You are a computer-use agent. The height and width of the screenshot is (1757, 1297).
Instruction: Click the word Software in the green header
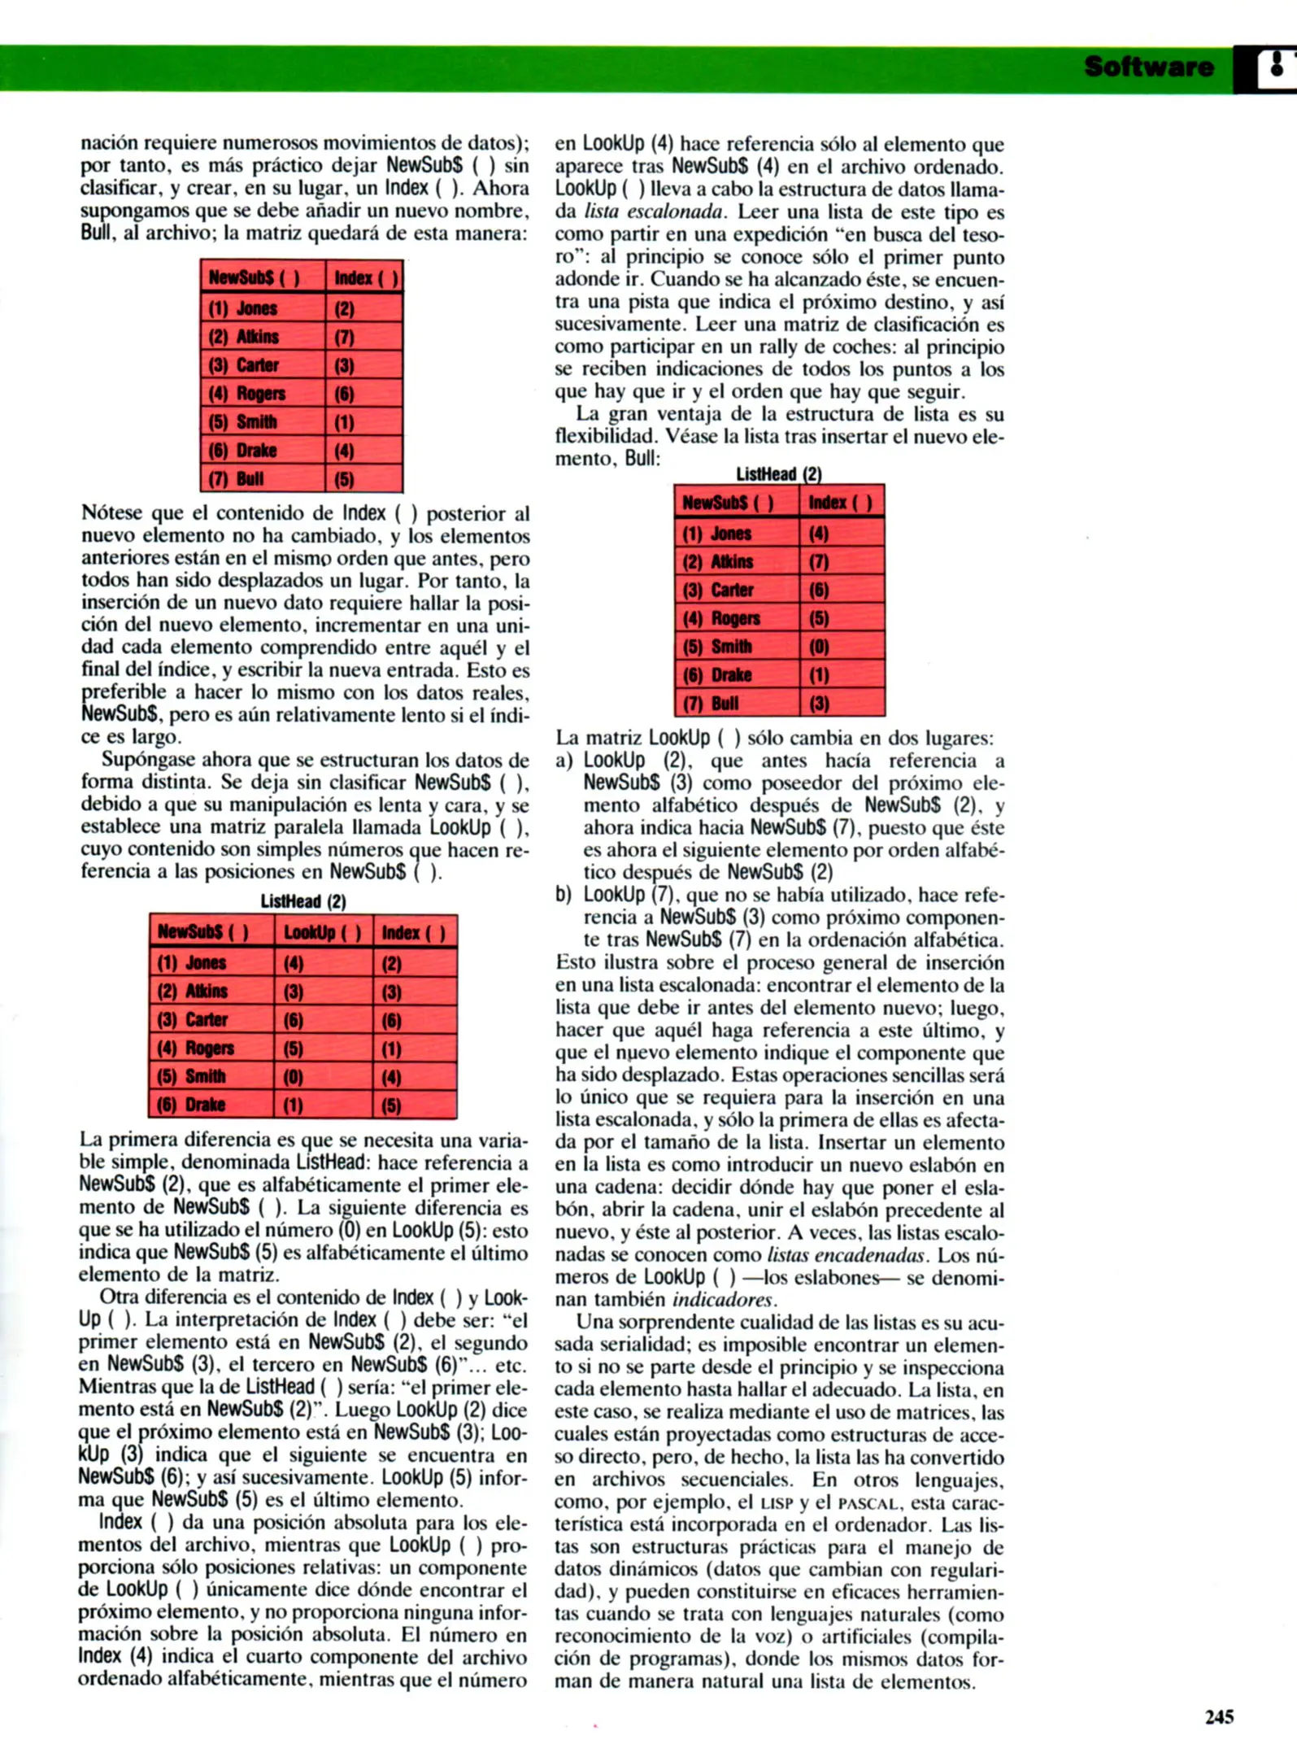pos(1147,67)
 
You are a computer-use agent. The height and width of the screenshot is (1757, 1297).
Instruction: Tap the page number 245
pos(1219,1716)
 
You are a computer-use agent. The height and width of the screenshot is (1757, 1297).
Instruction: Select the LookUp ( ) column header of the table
pos(323,932)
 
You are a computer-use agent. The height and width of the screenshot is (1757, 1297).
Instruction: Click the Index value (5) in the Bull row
pos(344,479)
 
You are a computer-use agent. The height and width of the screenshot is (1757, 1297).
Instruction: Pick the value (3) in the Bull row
pos(818,704)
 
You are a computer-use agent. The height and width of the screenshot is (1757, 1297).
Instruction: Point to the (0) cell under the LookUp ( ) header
pos(294,1077)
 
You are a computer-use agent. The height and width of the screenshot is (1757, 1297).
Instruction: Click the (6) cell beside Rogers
pos(344,394)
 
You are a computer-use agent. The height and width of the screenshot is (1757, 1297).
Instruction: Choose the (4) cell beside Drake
pos(344,451)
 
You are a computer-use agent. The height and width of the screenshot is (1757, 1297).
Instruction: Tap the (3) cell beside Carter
pos(344,365)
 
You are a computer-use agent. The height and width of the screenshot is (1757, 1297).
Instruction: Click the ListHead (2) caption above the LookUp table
pos(303,901)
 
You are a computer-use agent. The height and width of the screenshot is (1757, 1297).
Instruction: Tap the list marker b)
pos(564,895)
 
